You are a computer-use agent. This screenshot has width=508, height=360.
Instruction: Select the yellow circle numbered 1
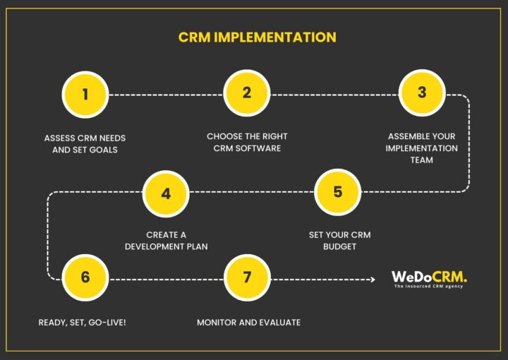[x=85, y=94]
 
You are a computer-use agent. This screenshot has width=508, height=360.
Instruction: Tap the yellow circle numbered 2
[x=247, y=93]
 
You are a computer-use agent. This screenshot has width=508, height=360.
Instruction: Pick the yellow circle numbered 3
[x=421, y=93]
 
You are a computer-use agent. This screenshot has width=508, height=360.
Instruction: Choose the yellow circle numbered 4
[x=166, y=193]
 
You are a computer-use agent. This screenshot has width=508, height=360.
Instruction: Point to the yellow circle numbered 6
[x=85, y=277]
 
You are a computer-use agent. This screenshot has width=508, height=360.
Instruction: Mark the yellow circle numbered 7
[x=247, y=277]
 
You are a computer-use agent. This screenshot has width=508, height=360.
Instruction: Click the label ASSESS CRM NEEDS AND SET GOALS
[x=85, y=143]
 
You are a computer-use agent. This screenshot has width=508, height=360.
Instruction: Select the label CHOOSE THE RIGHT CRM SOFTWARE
[x=247, y=142]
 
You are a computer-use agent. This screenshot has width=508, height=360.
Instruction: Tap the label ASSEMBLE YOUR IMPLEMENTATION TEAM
[x=423, y=148]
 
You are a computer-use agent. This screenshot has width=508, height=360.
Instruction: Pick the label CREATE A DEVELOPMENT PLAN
[x=167, y=240]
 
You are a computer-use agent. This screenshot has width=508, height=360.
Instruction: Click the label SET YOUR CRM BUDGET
[x=339, y=240]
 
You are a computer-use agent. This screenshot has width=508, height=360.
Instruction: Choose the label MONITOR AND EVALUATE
[x=248, y=322]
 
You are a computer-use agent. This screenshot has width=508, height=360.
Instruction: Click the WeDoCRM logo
[x=429, y=277]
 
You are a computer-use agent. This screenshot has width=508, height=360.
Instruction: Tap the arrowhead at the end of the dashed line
[x=373, y=280]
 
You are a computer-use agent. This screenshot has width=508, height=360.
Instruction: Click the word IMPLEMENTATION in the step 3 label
[x=423, y=148]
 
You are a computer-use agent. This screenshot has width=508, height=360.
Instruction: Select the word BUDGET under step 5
[x=339, y=246]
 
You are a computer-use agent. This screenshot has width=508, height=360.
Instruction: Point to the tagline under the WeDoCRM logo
[x=429, y=287]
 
